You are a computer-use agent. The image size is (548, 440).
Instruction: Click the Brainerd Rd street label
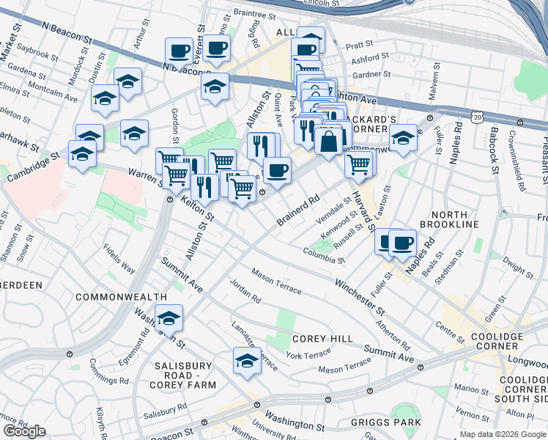pos(300,210)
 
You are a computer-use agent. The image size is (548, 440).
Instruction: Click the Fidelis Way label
pos(119,258)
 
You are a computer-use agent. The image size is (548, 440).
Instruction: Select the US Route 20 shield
pos(478,117)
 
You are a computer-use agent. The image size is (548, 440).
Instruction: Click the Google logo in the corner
pos(24,430)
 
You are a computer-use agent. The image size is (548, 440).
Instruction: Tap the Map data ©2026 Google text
pos(503,434)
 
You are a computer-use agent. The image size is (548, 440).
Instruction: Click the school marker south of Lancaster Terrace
pos(248,360)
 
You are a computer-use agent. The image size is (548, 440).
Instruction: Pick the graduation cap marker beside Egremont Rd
pos(169,318)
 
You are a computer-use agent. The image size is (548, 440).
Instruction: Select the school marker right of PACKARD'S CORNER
pos(402,137)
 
